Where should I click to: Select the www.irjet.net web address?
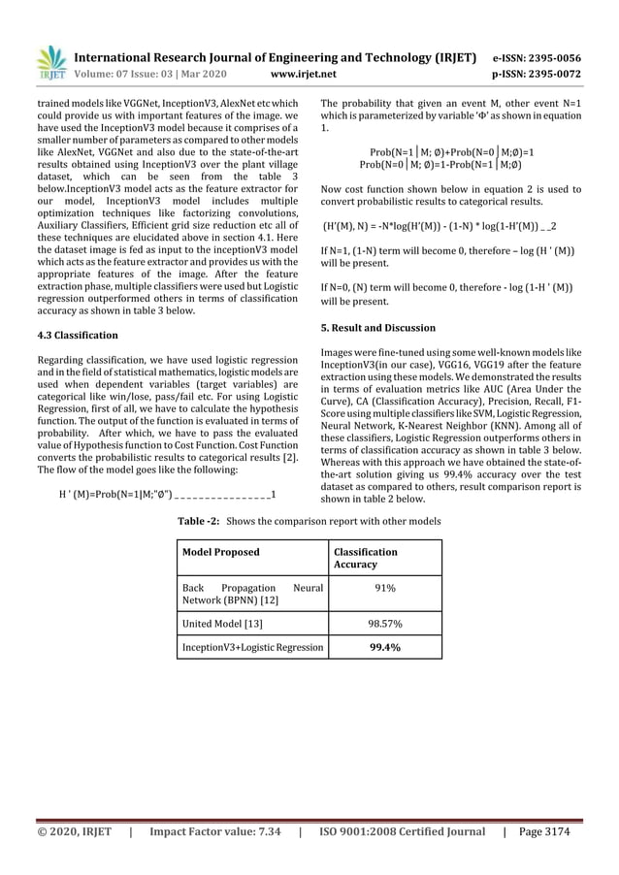[x=309, y=73]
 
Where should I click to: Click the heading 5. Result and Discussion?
[x=377, y=328]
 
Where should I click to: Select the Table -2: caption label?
[x=200, y=522]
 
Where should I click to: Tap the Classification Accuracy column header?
[x=365, y=558]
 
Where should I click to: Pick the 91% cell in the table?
[x=384, y=588]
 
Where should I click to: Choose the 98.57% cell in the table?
[x=384, y=624]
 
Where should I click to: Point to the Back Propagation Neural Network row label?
[x=251, y=595]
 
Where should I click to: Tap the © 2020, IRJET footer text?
[x=74, y=831]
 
